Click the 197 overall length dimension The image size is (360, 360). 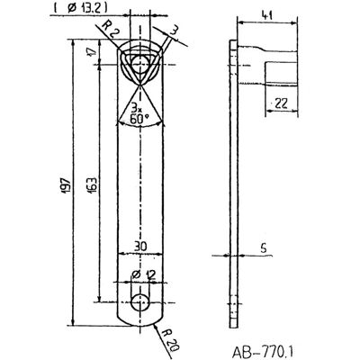click(x=67, y=184)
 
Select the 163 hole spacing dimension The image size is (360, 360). click(x=93, y=185)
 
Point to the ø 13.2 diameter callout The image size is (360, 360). click(x=81, y=8)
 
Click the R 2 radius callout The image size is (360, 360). click(x=108, y=29)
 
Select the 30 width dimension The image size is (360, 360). click(x=140, y=246)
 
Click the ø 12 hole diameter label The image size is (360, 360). click(x=144, y=274)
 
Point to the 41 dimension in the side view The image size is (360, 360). click(x=267, y=15)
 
